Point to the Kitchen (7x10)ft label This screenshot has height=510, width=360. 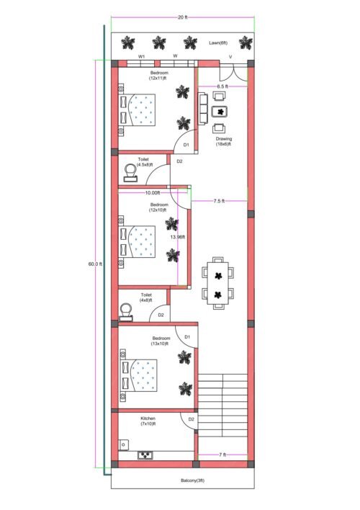tap(148, 421)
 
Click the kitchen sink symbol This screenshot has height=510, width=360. tap(147, 455)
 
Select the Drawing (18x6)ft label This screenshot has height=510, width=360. tap(223, 141)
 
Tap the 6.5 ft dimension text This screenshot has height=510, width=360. tap(220, 86)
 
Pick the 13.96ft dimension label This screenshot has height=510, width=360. tap(177, 237)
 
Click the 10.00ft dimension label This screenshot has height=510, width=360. tap(153, 192)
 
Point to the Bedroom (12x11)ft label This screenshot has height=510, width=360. tap(158, 76)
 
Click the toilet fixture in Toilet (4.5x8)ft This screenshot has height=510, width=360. tap(130, 172)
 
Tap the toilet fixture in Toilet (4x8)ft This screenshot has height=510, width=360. tap(127, 310)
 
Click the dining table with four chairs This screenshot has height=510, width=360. tap(217, 283)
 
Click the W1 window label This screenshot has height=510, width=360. tap(142, 55)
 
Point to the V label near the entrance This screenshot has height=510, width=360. tap(230, 56)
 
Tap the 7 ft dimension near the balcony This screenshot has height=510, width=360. tap(222, 455)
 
